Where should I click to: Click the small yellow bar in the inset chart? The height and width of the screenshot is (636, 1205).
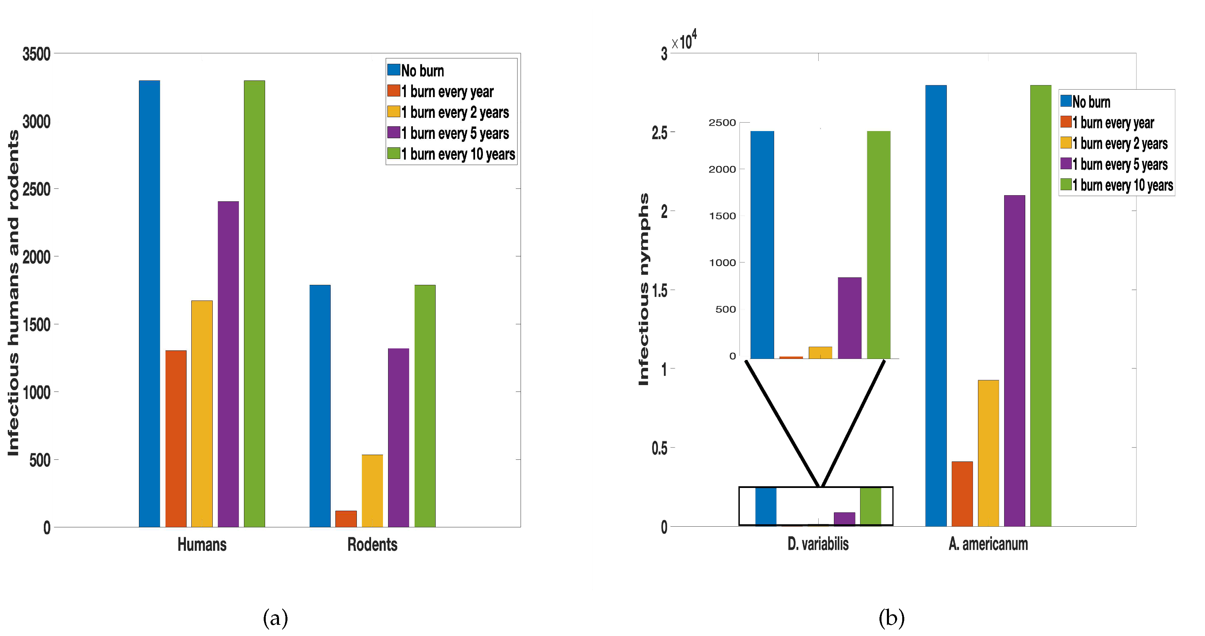click(820, 352)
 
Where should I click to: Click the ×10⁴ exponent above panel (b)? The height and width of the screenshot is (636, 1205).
click(684, 41)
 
